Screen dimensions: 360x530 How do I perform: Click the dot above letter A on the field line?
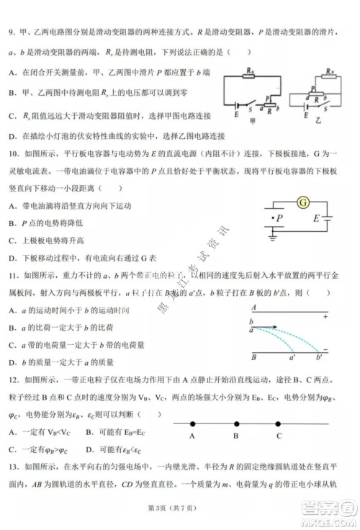coord(194,422)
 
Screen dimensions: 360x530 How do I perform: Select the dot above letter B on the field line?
coord(236,422)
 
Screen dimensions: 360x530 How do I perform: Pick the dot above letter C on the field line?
coord(279,422)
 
